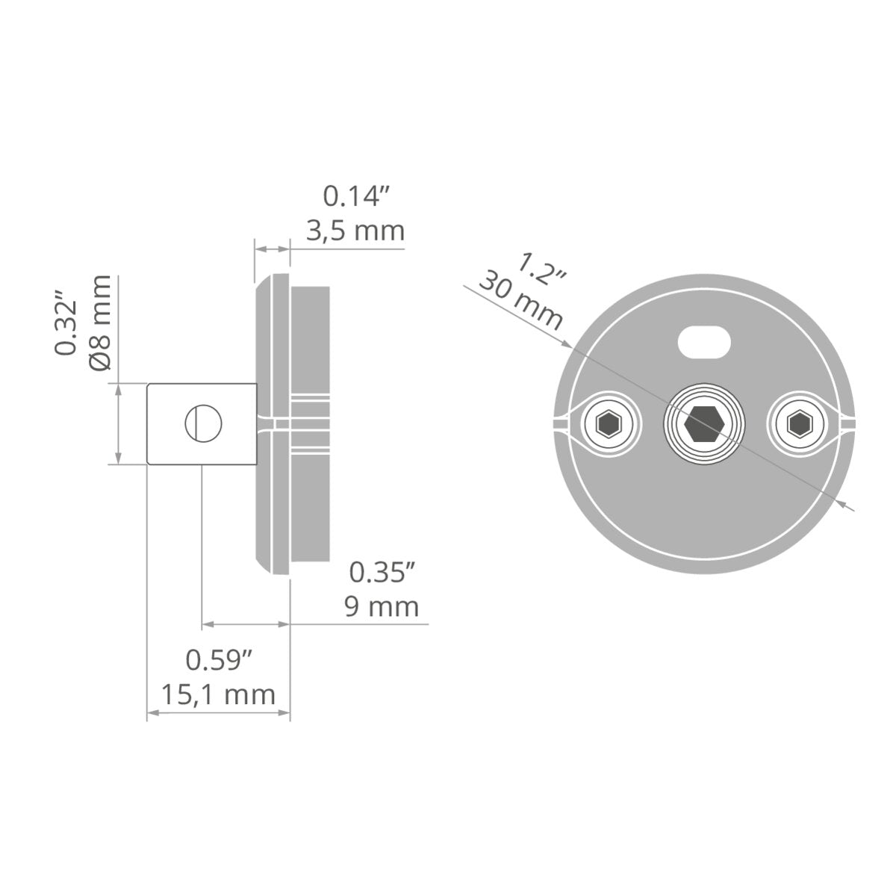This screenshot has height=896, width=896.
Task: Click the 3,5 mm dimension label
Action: tap(355, 231)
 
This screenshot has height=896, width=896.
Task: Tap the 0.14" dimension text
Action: tap(355, 196)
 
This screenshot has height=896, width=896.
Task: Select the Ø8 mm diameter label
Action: tap(101, 323)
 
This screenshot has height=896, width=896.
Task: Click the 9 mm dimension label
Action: tap(382, 607)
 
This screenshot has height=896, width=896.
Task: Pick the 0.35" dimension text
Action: tap(382, 573)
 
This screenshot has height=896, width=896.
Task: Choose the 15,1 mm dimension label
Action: tap(218, 694)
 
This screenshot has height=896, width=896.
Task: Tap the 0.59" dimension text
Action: tap(219, 660)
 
